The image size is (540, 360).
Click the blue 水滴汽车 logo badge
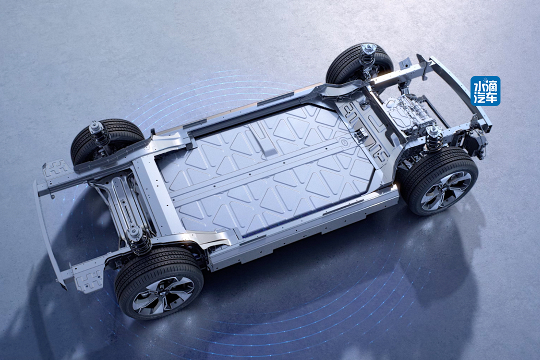click(485, 90)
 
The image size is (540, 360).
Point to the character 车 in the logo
click(492, 97)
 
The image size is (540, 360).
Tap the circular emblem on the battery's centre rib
click(344, 141)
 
